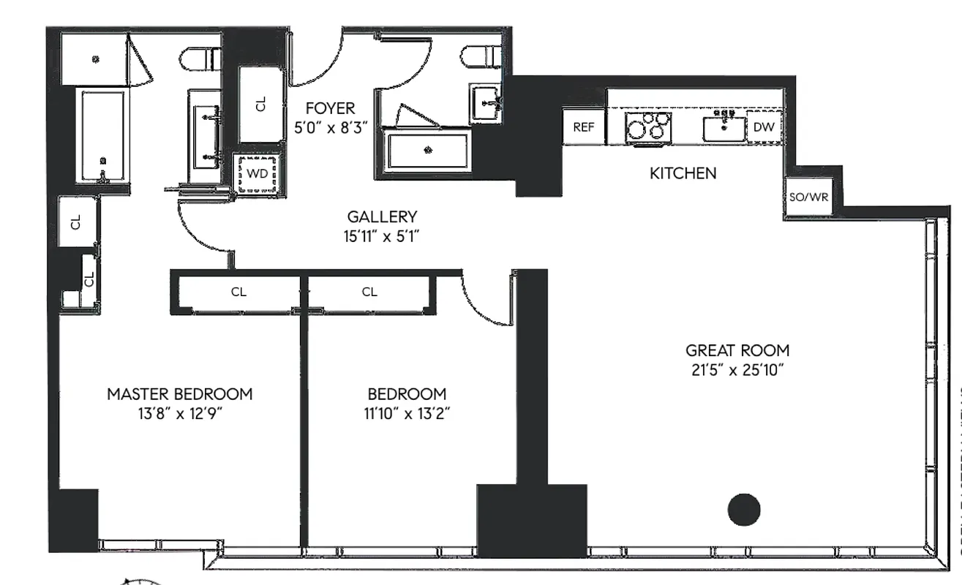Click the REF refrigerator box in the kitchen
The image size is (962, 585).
pyautogui.click(x=583, y=127)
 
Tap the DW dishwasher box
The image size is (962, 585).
pyautogui.click(x=763, y=127)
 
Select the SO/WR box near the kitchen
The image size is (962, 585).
pyautogui.click(x=808, y=197)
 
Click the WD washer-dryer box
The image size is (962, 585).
pyautogui.click(x=257, y=174)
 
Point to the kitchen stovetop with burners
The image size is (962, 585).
pyautogui.click(x=648, y=127)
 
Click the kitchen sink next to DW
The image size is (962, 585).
pyautogui.click(x=724, y=127)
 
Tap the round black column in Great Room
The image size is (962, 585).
pyautogui.click(x=744, y=509)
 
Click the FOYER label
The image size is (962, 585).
pyautogui.click(x=330, y=109)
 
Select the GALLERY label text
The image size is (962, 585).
pyautogui.click(x=382, y=216)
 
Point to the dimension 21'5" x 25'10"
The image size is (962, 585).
pyautogui.click(x=737, y=369)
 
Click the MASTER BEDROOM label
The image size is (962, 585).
pyautogui.click(x=179, y=394)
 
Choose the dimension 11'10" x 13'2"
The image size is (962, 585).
pyautogui.click(x=407, y=412)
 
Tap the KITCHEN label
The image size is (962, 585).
pyautogui.click(x=683, y=173)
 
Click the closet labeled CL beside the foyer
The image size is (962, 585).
pyautogui.click(x=261, y=105)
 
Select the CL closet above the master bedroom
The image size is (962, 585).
pyautogui.click(x=238, y=292)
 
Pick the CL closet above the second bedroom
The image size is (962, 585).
pyautogui.click(x=369, y=292)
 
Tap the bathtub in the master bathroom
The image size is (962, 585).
pyautogui.click(x=103, y=137)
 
